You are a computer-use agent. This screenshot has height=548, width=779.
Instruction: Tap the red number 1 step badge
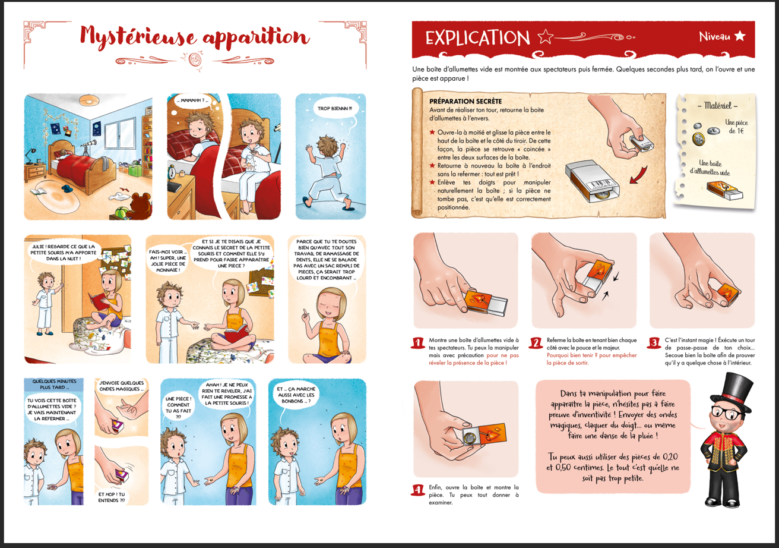pyautogui.click(x=417, y=343)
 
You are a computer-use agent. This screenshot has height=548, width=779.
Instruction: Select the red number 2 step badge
pyautogui.click(x=536, y=343)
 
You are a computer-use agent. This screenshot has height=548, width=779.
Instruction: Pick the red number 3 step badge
pyautogui.click(x=654, y=343)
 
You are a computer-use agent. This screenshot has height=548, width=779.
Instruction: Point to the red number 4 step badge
pyautogui.click(x=417, y=490)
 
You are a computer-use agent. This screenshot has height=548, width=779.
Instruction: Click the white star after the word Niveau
pyautogui.click(x=740, y=36)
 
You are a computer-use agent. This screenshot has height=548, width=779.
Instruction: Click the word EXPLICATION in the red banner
pyautogui.click(x=477, y=38)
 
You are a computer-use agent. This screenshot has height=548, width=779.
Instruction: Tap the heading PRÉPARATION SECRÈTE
pyautogui.click(x=465, y=101)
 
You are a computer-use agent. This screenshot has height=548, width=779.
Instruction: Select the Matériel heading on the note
pyautogui.click(x=717, y=105)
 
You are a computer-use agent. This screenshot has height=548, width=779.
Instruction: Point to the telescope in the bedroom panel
pyautogui.click(x=86, y=146)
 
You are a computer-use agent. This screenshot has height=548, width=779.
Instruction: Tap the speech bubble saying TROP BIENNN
pyautogui.click(x=334, y=109)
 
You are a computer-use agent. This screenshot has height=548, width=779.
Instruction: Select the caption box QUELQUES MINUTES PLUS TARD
pyautogui.click(x=54, y=385)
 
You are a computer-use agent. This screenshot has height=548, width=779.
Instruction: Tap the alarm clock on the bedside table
pyautogui.click(x=172, y=172)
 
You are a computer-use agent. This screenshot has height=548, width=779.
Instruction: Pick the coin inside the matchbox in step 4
pyautogui.click(x=470, y=437)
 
